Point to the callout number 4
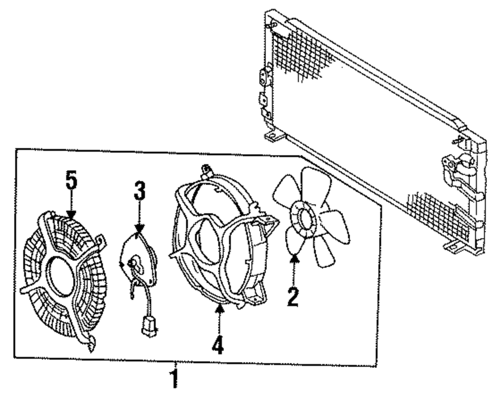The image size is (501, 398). click(x=217, y=344)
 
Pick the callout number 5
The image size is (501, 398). click(x=72, y=181)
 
